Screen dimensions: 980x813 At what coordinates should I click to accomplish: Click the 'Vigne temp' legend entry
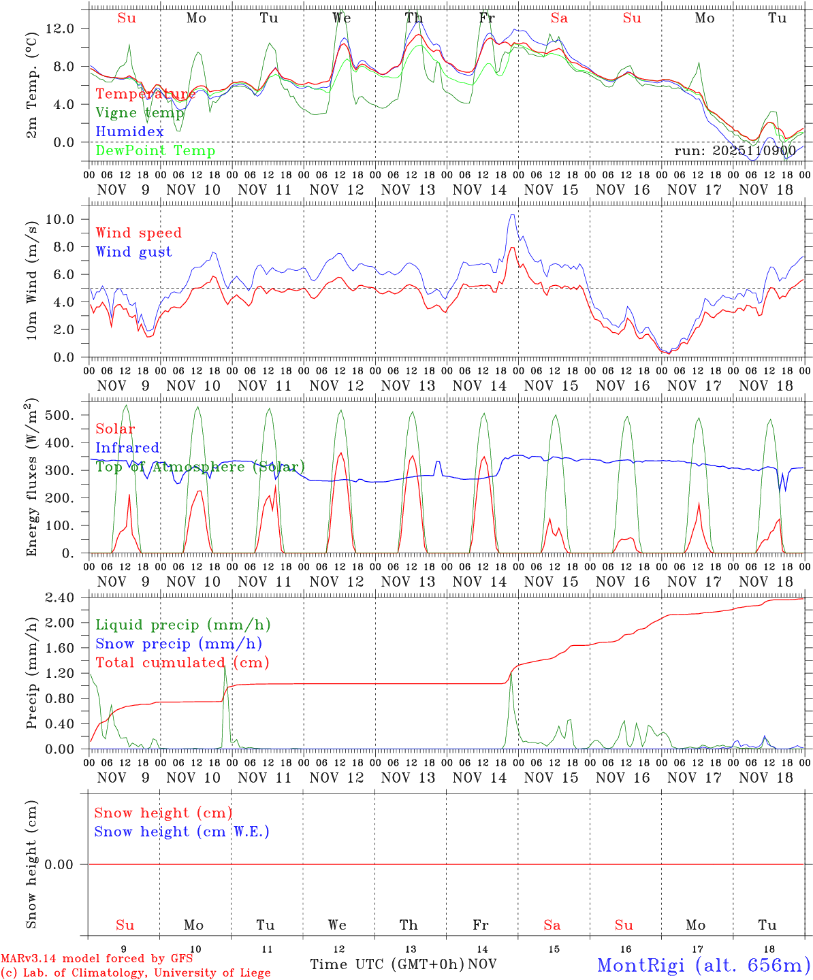(x=140, y=113)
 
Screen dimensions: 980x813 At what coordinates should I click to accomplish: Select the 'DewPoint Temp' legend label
(x=155, y=151)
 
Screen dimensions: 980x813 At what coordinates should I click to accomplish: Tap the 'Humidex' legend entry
(x=130, y=132)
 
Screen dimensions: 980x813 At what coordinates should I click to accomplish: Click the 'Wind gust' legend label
(x=134, y=252)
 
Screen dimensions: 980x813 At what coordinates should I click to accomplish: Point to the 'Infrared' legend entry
(x=128, y=448)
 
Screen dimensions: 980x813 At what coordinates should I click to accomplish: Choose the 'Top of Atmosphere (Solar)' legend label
(x=200, y=467)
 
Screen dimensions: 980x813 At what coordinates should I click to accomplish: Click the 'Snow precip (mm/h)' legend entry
(x=179, y=644)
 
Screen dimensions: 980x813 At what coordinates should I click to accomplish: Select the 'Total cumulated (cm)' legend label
(x=182, y=663)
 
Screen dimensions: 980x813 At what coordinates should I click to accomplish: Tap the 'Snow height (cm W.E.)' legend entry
(x=182, y=832)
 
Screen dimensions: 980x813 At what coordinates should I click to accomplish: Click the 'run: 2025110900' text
(x=735, y=151)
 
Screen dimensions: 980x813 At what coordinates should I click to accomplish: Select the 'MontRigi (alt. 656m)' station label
(x=703, y=964)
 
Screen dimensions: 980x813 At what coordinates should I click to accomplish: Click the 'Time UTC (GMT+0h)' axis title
(x=387, y=964)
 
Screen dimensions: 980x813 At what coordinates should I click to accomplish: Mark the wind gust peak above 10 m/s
(x=512, y=215)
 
